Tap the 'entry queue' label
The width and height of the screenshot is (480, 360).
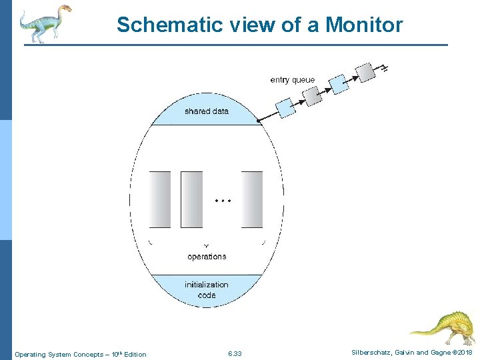(x=292, y=80)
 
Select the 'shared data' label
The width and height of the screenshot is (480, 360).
(x=206, y=111)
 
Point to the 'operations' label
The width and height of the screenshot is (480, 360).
(x=207, y=257)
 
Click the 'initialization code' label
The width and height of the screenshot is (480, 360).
(x=207, y=289)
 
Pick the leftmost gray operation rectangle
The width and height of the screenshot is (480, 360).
(x=160, y=199)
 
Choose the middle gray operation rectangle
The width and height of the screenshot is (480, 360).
(x=191, y=199)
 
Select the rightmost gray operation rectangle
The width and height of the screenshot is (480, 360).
(x=252, y=199)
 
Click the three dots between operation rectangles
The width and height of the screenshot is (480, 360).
(x=223, y=200)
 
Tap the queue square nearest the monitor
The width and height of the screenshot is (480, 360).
(x=286, y=107)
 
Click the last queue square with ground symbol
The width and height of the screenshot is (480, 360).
(x=365, y=71)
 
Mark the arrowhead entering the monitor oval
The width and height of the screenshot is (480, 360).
(x=260, y=121)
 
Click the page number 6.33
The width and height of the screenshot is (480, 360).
(x=235, y=353)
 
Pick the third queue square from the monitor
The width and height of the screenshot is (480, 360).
(x=339, y=83)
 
